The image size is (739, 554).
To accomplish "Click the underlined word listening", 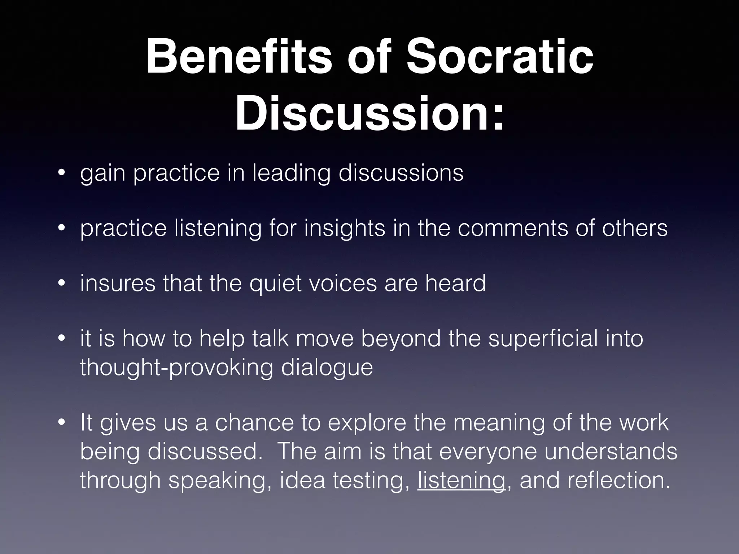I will (x=461, y=480).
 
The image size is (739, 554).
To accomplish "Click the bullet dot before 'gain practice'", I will (x=62, y=173).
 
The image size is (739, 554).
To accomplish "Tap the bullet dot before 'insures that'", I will (x=62, y=283).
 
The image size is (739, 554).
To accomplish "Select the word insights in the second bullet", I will (x=345, y=228).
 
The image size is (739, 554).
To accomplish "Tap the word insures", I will (x=118, y=283).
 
